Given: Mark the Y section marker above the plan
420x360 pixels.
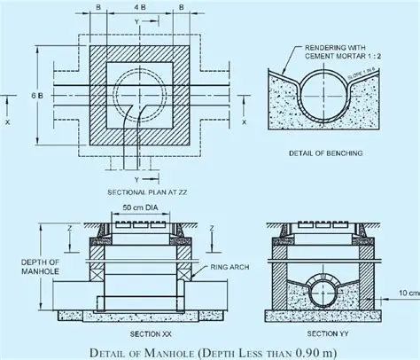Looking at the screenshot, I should coord(136,19).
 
